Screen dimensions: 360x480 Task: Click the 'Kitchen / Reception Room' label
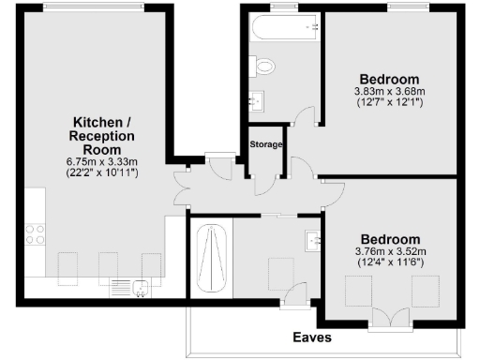pyautogui.click(x=105, y=136)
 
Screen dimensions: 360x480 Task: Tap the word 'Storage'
pyautogui.click(x=266, y=143)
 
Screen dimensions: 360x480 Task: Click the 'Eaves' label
pyautogui.click(x=311, y=336)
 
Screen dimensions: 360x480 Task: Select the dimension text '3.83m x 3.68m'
pyautogui.click(x=389, y=91)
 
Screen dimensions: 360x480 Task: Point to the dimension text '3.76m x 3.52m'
pyautogui.click(x=389, y=251)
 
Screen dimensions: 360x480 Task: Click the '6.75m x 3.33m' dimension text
pyautogui.click(x=105, y=161)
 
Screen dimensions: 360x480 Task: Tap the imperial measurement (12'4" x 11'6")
pyautogui.click(x=389, y=262)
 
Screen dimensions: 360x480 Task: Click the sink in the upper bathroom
pyautogui.click(x=256, y=99)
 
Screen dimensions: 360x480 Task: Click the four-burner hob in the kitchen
pyautogui.click(x=36, y=234)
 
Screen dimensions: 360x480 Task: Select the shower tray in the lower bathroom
pyautogui.click(x=211, y=256)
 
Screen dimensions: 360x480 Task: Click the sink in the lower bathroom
pyautogui.click(x=314, y=241)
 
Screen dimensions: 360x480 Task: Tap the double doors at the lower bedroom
pyautogui.click(x=388, y=324)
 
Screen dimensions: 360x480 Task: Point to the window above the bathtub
pyautogui.click(x=279, y=7)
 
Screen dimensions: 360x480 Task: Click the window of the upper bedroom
pyautogui.click(x=403, y=7)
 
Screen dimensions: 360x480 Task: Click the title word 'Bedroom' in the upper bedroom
pyautogui.click(x=389, y=78)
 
